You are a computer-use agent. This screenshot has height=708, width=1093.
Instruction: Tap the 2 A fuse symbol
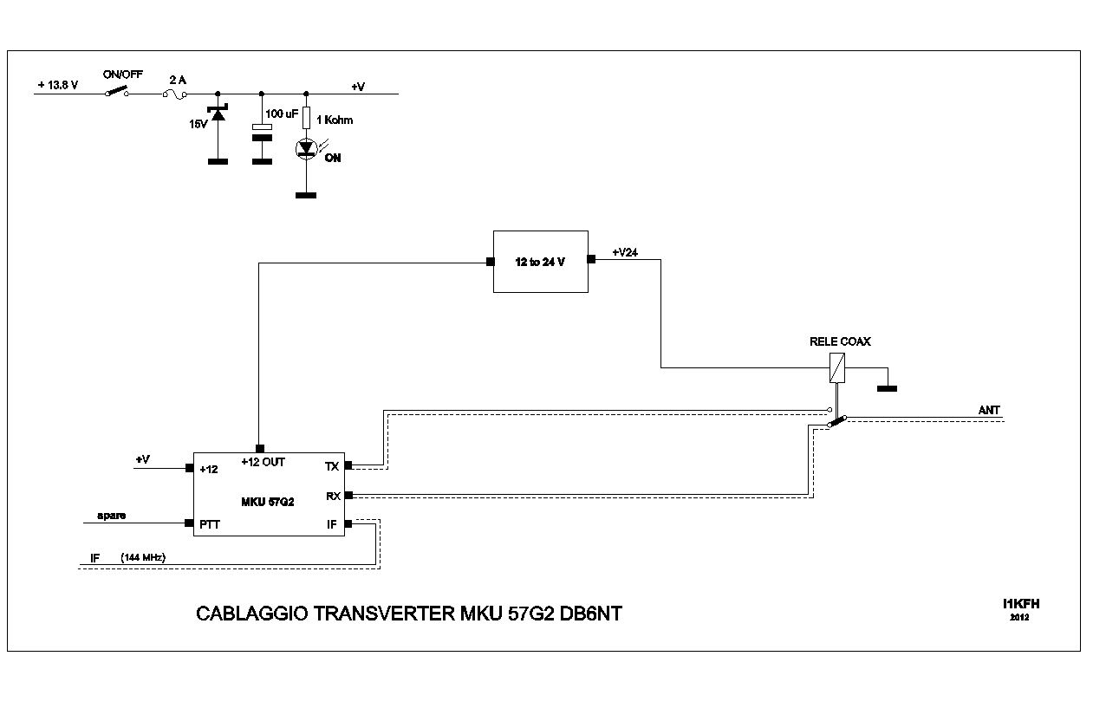click(176, 94)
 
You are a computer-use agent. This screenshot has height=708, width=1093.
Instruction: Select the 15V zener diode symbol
click(218, 114)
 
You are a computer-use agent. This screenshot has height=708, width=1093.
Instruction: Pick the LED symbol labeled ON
click(306, 149)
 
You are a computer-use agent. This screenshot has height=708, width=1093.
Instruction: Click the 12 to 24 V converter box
click(540, 261)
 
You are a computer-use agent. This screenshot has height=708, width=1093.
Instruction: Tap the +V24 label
click(626, 252)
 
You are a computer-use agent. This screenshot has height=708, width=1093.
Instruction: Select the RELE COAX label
click(840, 341)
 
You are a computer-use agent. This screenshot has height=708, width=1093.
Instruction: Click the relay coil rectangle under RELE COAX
click(838, 367)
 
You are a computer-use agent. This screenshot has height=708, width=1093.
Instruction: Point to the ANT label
click(989, 410)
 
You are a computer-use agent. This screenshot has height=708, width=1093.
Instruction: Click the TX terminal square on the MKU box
click(348, 465)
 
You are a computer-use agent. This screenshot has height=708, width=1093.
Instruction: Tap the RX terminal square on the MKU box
click(348, 495)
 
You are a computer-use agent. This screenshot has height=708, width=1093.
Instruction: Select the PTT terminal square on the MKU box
click(189, 523)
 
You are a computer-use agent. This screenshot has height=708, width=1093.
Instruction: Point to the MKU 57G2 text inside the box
click(269, 500)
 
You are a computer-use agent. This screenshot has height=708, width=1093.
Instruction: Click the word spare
click(111, 516)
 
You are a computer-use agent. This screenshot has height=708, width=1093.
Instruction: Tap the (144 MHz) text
click(143, 557)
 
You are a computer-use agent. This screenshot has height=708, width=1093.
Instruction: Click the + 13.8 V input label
click(58, 85)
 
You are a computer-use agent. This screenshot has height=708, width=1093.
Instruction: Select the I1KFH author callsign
click(1019, 604)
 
